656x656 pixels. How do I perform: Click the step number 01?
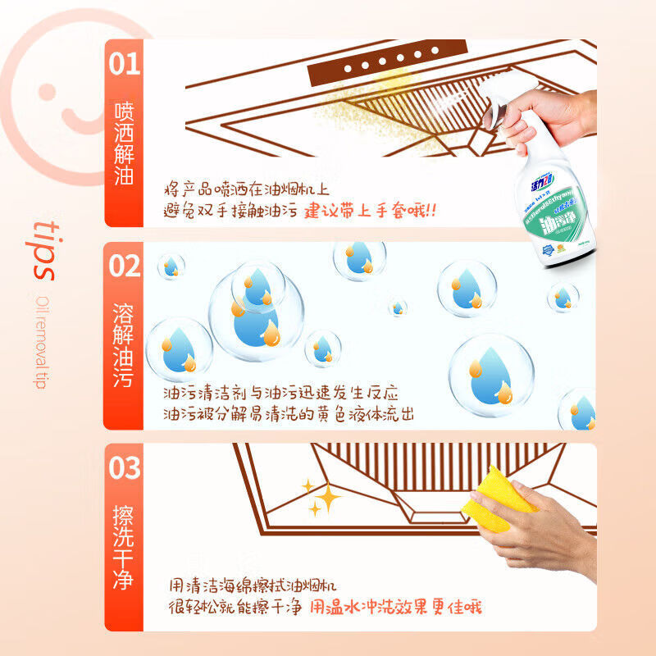125,64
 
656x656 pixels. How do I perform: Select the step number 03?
125,468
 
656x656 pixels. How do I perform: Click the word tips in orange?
45,250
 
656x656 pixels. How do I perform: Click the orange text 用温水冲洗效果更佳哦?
394,607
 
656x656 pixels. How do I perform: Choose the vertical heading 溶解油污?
124,344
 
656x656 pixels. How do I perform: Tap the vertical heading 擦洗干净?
124,549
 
